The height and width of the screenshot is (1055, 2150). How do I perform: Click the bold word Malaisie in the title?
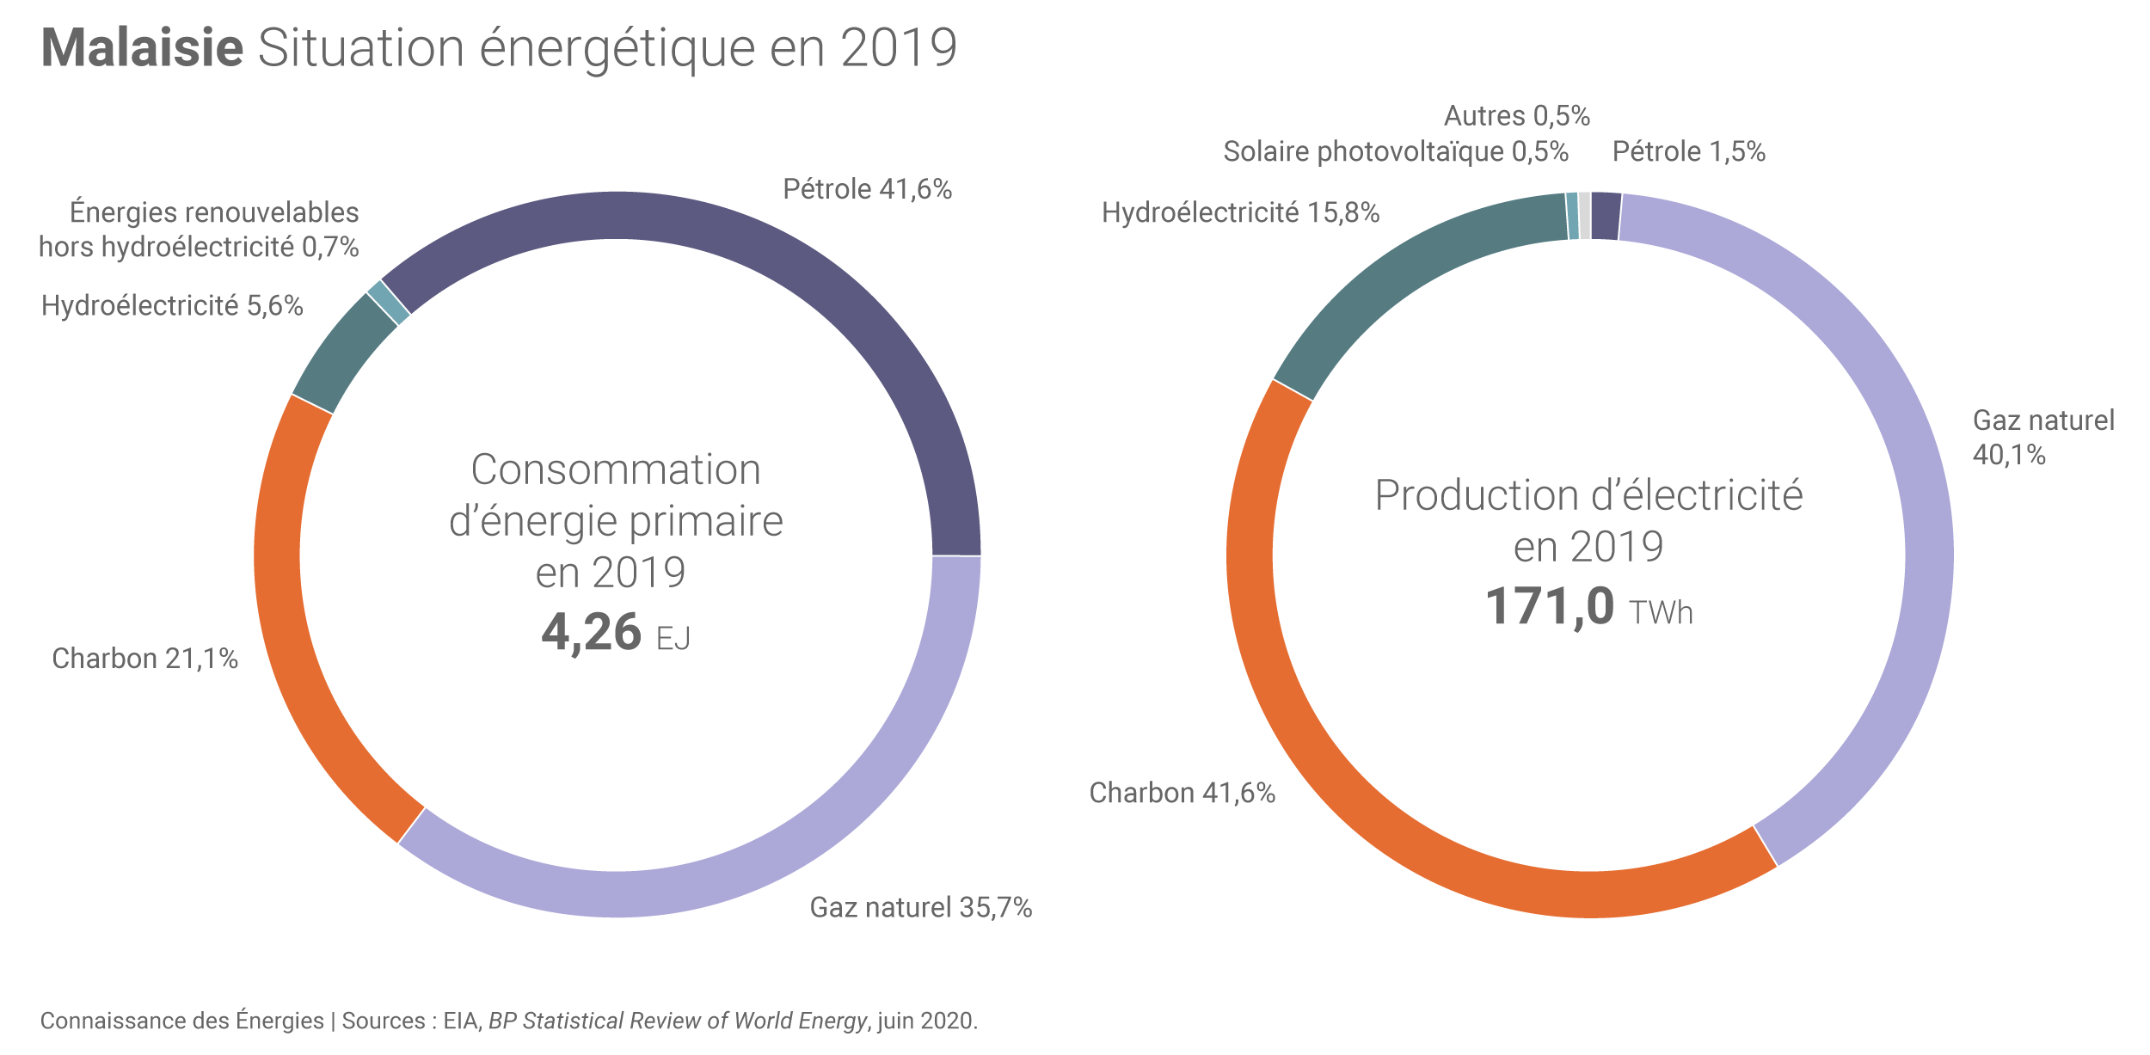coord(143,48)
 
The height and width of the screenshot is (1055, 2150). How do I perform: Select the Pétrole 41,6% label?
coord(867,189)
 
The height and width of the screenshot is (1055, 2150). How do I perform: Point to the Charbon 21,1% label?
coord(144,659)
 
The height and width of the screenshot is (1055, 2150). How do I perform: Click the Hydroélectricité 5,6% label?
coord(172,305)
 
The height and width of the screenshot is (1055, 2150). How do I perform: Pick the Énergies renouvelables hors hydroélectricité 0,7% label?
coord(199,230)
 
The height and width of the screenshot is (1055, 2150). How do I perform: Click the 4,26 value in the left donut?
coord(592,632)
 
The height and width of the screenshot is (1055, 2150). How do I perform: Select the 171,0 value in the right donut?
coord(1550,606)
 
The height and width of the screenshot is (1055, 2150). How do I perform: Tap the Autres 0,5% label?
coord(1516,115)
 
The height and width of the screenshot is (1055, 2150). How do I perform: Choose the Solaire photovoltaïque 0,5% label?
coord(1395,151)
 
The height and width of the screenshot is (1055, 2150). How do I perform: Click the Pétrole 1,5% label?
coord(1688,151)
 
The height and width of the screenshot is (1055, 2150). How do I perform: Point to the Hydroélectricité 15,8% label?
coord(1240,212)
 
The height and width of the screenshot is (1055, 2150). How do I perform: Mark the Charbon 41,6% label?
coord(1182,793)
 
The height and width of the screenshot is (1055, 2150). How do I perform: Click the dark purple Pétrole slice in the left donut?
coord(774,258)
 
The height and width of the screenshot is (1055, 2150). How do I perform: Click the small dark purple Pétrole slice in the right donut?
coord(1606,216)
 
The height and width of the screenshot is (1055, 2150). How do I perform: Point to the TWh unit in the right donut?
coord(1661,613)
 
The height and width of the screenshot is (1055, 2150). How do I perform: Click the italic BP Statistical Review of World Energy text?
coord(678,1021)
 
